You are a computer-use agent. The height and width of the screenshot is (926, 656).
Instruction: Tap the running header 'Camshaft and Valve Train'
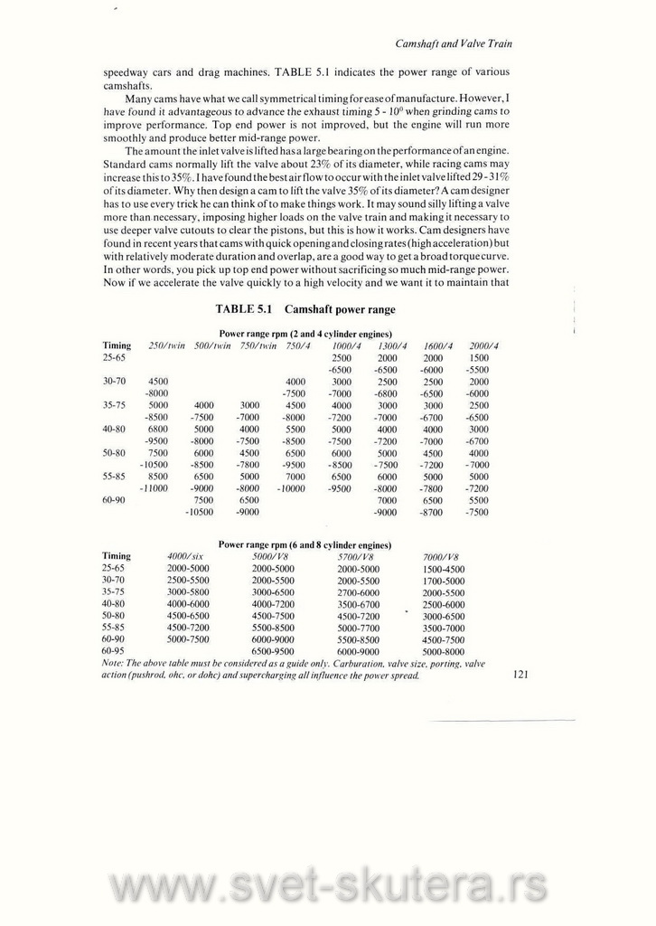[455, 44]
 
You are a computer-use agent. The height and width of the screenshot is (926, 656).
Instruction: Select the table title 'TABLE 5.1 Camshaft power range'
[305, 309]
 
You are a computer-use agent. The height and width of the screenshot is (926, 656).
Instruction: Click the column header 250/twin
[166, 345]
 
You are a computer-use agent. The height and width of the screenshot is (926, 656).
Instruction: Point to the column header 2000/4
[484, 345]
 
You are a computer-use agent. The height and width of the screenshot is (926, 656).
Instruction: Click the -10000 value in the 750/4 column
[291, 488]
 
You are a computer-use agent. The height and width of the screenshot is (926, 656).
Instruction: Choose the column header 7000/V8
[442, 556]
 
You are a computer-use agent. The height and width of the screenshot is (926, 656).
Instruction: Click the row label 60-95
[113, 650]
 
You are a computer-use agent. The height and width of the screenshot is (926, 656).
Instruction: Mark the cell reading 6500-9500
[272, 650]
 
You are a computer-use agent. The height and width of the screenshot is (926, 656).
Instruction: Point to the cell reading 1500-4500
[444, 569]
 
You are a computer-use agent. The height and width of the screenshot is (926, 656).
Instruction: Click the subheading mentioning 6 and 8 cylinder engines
[305, 545]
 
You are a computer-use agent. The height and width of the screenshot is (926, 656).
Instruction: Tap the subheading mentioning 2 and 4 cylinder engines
[305, 334]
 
